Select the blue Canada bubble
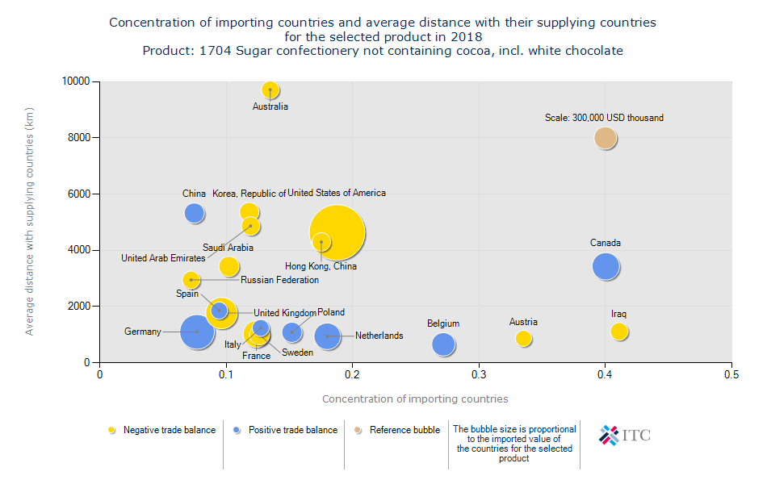click(x=606, y=266)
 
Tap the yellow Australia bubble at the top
click(x=270, y=90)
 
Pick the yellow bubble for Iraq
click(x=619, y=332)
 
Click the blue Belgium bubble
click(x=443, y=344)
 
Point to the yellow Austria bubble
click(x=523, y=339)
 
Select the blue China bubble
click(x=194, y=213)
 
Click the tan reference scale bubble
click(x=606, y=138)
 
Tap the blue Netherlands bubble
click(x=327, y=336)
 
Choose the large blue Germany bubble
click(x=196, y=332)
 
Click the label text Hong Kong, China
click(x=321, y=266)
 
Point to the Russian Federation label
click(x=279, y=280)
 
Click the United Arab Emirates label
click(x=163, y=259)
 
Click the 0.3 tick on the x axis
click(x=479, y=374)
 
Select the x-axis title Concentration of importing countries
click(x=415, y=398)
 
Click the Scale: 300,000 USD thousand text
click(x=604, y=118)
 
